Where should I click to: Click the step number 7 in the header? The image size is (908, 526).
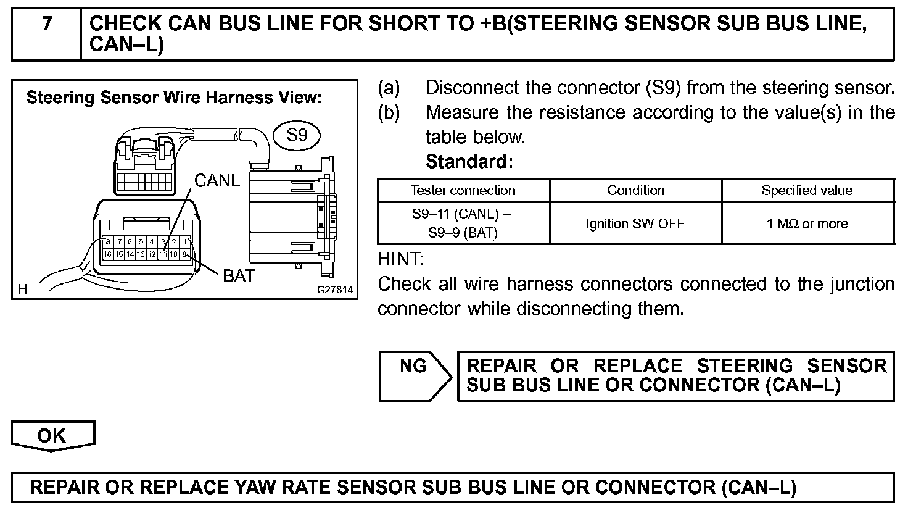(47, 23)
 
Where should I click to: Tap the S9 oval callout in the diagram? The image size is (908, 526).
(297, 135)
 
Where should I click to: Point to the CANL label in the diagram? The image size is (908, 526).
(217, 180)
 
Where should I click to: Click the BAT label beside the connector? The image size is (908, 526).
(239, 276)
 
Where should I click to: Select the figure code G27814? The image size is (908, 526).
(335, 289)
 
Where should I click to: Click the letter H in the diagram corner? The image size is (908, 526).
(23, 288)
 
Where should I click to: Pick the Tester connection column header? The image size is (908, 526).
(463, 190)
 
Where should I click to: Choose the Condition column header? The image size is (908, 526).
(636, 190)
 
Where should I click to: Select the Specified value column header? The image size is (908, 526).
(807, 190)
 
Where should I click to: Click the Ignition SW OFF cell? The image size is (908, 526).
(635, 223)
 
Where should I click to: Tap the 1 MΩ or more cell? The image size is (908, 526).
(807, 223)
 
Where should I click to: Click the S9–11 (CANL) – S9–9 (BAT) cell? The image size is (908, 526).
(463, 223)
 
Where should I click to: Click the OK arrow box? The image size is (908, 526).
(52, 436)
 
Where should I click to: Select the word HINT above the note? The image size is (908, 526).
(400, 259)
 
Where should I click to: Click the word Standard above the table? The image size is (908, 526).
(469, 162)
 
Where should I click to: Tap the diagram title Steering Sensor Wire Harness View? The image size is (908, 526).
(175, 98)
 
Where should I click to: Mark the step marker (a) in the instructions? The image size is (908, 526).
(389, 88)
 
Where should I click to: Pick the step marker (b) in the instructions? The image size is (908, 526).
(389, 112)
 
